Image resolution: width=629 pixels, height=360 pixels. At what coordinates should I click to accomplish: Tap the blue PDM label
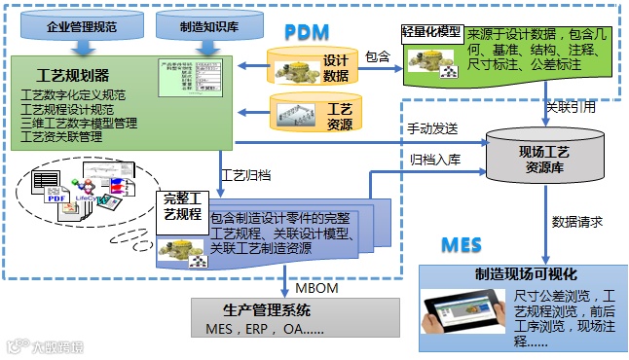tap(308, 31)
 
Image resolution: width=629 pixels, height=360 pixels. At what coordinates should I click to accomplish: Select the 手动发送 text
tap(431, 127)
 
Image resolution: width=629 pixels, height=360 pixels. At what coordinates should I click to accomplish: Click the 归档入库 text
tap(431, 159)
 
